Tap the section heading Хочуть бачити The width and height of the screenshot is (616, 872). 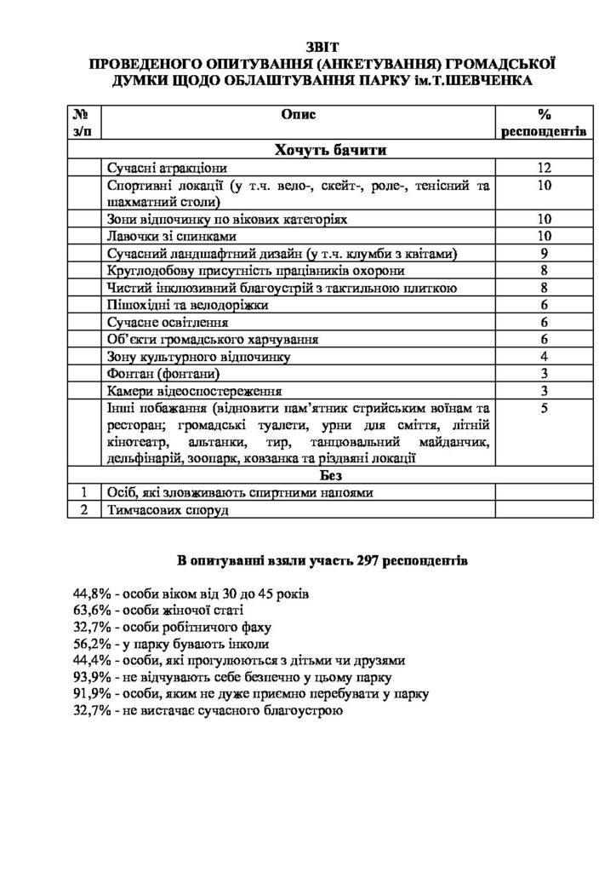point(331,151)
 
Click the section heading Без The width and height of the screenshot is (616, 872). point(331,474)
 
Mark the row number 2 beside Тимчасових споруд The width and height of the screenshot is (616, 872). point(84,510)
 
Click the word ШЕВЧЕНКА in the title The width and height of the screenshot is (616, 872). point(488,80)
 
